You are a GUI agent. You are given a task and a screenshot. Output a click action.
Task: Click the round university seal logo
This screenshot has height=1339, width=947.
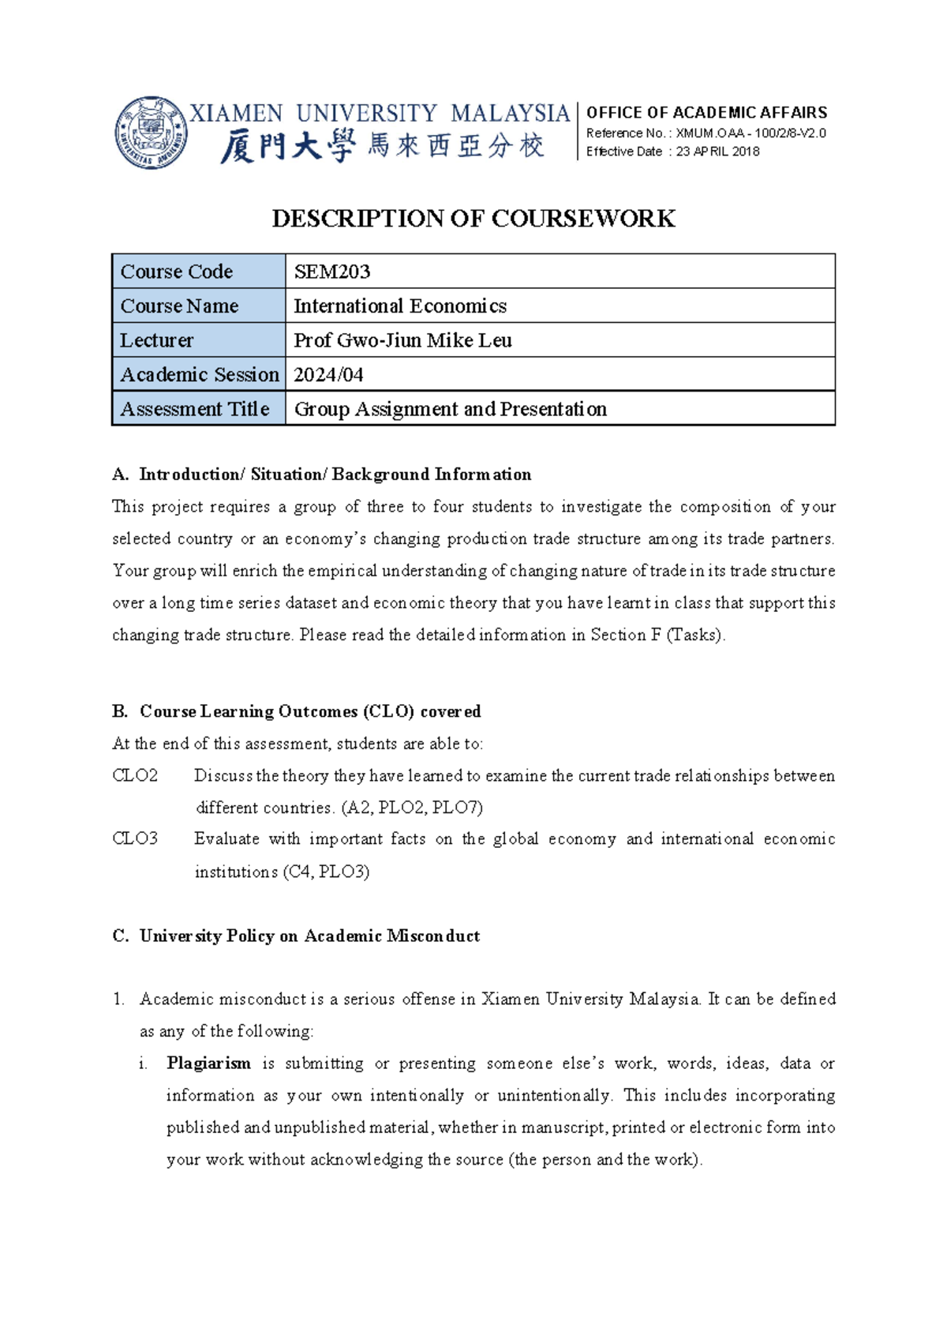point(151,133)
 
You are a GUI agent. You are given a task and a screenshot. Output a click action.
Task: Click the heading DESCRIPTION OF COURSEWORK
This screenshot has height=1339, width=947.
point(473,219)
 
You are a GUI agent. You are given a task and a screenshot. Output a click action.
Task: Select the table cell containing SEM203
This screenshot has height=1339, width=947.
point(332,272)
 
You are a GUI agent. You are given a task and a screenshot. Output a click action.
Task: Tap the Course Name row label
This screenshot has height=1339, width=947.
point(179,306)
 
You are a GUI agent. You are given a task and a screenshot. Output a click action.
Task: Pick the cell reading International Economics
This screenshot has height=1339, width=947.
point(400,306)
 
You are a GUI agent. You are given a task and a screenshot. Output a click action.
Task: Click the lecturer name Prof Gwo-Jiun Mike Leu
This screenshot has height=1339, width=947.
point(402,340)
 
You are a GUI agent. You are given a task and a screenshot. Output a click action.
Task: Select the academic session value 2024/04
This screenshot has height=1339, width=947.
point(328,374)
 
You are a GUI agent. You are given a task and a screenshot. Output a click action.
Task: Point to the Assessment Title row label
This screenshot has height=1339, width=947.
point(195,409)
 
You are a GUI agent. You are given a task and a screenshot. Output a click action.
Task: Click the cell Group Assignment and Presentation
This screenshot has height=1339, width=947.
point(450,409)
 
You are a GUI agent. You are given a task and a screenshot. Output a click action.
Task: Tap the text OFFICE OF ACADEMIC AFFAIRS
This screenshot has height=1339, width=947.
point(706,112)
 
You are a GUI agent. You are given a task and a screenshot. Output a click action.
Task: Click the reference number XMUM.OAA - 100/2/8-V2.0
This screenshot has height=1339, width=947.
point(750,133)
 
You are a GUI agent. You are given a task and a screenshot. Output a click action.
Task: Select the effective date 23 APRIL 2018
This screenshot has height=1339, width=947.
point(717,152)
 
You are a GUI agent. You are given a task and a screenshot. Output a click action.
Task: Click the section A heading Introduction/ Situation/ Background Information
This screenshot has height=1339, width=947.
point(335,474)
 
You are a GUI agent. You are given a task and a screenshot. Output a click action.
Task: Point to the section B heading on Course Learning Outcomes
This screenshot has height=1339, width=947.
point(309,711)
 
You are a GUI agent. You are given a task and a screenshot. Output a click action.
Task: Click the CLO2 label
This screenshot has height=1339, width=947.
point(135,775)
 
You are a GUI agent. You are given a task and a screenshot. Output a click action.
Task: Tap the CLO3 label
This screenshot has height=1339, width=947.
point(135,838)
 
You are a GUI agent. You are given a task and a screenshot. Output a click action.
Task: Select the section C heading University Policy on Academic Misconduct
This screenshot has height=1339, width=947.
point(309,936)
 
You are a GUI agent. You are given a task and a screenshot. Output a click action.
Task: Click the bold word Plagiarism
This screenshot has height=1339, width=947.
point(208,1063)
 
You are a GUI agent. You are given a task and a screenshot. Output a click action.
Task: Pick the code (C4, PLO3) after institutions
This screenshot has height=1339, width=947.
point(326,872)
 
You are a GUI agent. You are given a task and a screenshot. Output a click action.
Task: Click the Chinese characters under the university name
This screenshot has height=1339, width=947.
point(382,147)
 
